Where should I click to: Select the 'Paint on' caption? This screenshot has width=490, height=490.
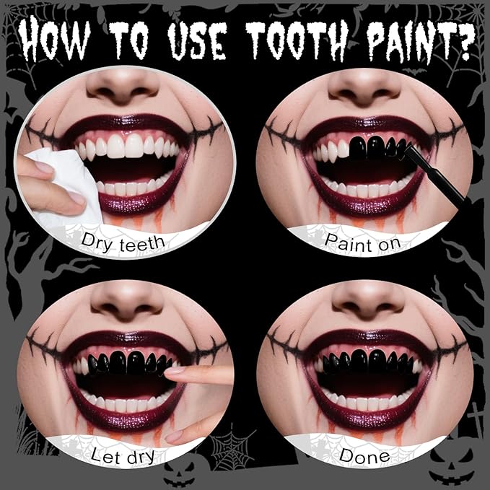coord(364,244)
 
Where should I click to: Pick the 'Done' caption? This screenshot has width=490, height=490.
coord(364,456)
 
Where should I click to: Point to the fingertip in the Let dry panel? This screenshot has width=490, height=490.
coord(173,373)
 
